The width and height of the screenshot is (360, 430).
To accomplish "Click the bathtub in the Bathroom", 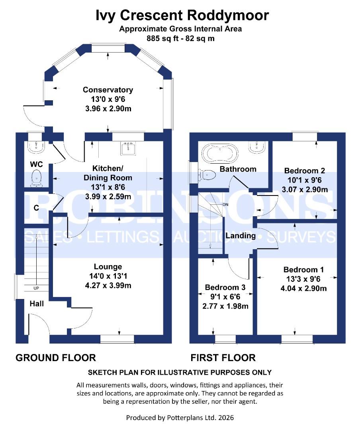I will pos(220,152).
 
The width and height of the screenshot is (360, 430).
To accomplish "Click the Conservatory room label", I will pos(108,90).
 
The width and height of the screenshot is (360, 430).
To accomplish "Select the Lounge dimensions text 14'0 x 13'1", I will pos(108,276).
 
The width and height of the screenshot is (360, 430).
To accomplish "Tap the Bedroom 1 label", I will pos(301,269).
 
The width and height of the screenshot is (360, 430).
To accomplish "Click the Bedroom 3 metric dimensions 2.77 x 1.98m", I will pos(225,306).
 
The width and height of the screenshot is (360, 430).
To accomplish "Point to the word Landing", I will pos(241,236).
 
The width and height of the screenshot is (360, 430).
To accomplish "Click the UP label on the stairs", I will pos(36,288).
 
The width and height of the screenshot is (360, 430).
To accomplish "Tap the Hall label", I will pos(37,304).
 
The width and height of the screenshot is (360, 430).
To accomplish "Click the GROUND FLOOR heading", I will pos(56,358).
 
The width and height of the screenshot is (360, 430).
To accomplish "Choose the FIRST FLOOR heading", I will pos(223,358).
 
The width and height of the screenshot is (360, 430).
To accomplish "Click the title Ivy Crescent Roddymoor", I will pos(182,15).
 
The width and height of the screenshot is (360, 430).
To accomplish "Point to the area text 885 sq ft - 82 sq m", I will pos(180,39).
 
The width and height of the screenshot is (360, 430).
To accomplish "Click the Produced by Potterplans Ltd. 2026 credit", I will pos(180,418).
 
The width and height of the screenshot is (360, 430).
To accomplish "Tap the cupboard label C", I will pos(36,208).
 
